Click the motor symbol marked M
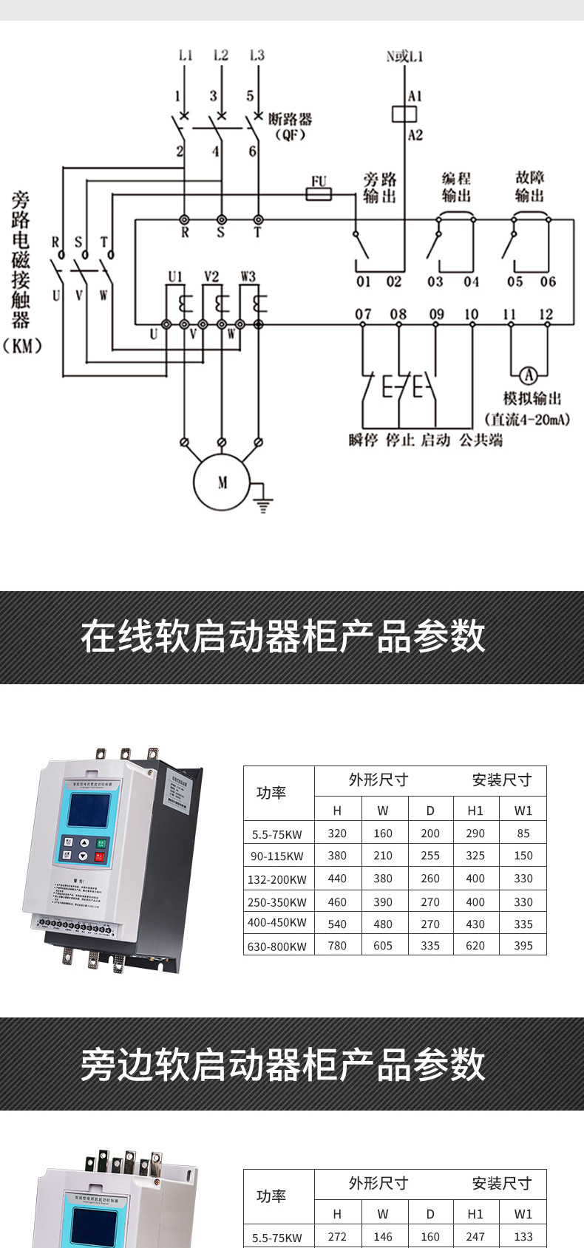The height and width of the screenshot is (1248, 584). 223,483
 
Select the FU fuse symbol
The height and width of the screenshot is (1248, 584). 319,194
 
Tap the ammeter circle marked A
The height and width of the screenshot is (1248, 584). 528,374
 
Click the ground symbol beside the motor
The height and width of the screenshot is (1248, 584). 263,505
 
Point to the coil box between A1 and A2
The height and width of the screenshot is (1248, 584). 404,114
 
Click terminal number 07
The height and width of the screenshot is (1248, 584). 362,314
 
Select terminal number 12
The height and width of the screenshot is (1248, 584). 546,314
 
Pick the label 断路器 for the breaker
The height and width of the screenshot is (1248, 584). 290,119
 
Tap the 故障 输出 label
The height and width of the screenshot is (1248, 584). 529,187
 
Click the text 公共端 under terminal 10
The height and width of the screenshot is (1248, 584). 481,440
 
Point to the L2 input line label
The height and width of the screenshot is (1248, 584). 220,55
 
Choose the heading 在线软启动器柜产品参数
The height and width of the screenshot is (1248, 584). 282,637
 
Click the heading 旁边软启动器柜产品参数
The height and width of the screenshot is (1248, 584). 282,1064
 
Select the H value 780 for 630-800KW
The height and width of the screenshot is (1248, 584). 337,945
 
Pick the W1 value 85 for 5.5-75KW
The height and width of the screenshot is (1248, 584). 523,833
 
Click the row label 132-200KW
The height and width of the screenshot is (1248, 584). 277,879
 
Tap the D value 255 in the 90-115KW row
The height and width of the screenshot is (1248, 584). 430,856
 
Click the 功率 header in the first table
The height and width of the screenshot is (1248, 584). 271,793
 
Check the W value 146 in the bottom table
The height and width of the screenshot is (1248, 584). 383,1237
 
